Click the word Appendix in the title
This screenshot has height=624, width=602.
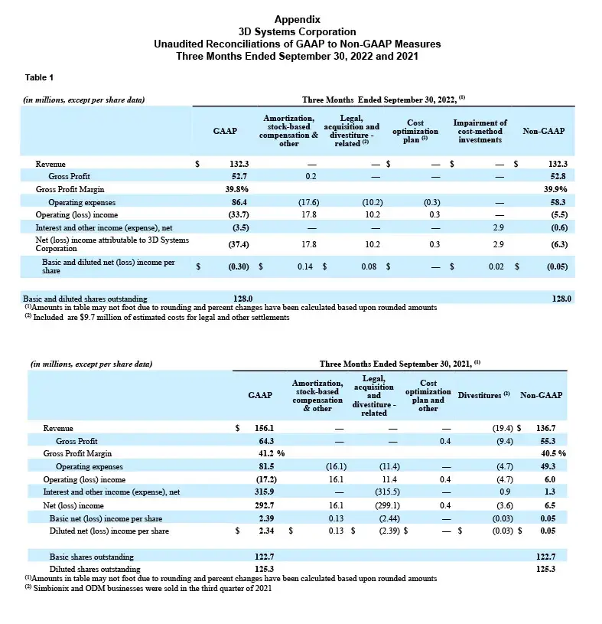click(297, 18)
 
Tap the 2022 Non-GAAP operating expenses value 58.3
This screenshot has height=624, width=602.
click(556, 201)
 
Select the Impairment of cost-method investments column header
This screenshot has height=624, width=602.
click(480, 131)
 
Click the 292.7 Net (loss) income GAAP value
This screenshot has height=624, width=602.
click(262, 505)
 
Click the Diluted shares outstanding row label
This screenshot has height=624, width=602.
click(94, 569)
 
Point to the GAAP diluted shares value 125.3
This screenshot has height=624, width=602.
click(262, 569)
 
